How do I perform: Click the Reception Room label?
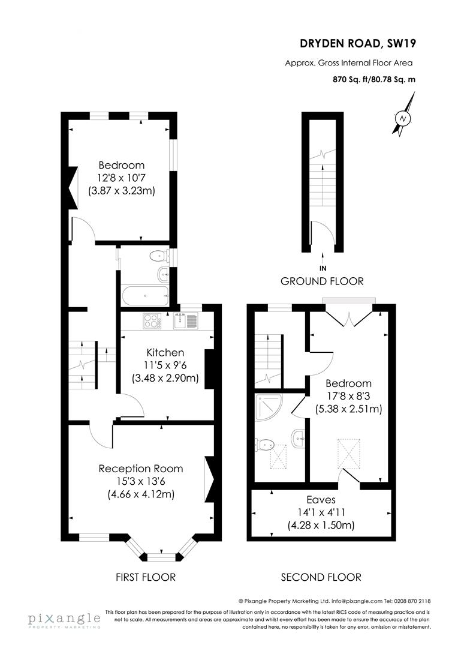tap(141, 469)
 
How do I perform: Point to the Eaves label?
tap(321, 499)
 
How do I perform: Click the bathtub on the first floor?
tap(144, 295)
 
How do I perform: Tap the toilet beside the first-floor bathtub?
tap(158, 256)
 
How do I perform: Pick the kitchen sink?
tap(185, 321)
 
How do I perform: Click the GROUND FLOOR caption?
tap(322, 281)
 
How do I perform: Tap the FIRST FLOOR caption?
tap(146, 577)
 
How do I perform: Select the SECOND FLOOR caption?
tap(321, 577)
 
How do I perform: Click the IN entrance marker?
tap(323, 268)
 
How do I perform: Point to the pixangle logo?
tap(64, 620)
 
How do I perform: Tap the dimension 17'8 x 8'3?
tap(348, 397)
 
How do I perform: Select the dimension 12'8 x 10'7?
tap(122, 178)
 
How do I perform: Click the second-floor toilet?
tap(264, 445)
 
